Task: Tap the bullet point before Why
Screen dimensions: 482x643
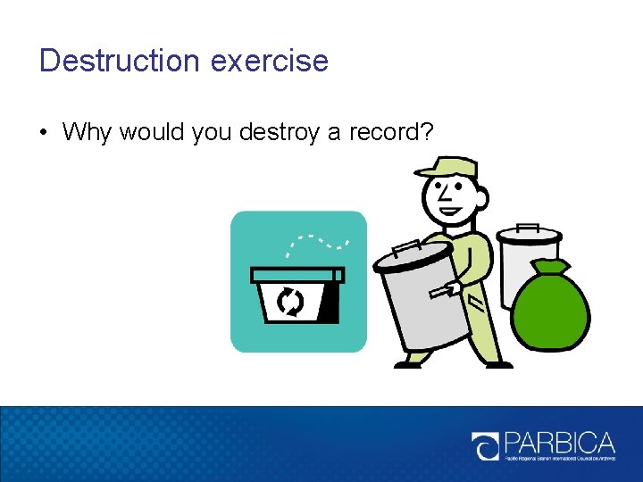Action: pyautogui.click(x=44, y=133)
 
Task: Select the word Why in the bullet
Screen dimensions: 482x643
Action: pyautogui.click(x=88, y=133)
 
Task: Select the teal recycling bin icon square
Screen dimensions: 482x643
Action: pyautogui.click(x=298, y=281)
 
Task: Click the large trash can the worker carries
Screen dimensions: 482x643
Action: pyautogui.click(x=423, y=299)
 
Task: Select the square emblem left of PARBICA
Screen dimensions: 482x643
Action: pyautogui.click(x=487, y=445)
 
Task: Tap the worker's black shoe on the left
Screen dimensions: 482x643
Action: pyautogui.click(x=408, y=363)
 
